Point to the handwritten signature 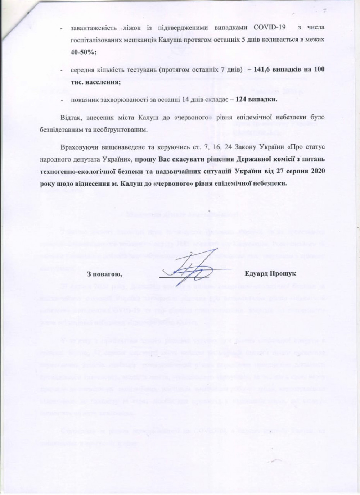point(191,271)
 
